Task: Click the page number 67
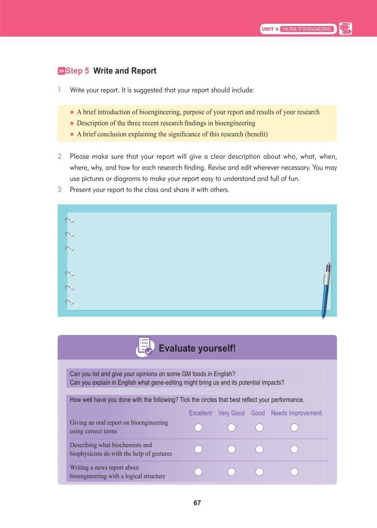click(x=197, y=503)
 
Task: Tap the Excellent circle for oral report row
click(x=198, y=427)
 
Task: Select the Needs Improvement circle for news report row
click(x=294, y=472)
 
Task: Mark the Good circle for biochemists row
click(x=259, y=449)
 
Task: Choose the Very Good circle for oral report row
click(x=231, y=427)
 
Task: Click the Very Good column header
click(x=231, y=413)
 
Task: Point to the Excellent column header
click(x=200, y=413)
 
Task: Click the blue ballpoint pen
click(x=326, y=290)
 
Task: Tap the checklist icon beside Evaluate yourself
click(x=145, y=347)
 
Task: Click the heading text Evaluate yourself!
click(x=197, y=348)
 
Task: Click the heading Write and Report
click(x=125, y=71)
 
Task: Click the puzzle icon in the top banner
click(x=345, y=29)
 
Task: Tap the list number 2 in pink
click(x=60, y=156)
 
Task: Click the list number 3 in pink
click(x=60, y=189)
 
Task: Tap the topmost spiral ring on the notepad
click(x=69, y=221)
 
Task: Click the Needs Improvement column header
click(x=296, y=413)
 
